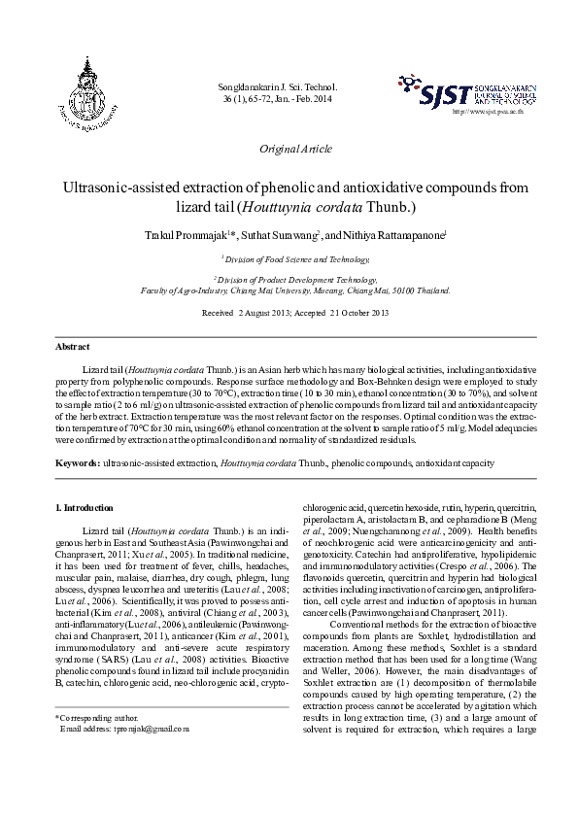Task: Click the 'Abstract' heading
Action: click(72, 347)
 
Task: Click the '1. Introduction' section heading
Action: click(85, 508)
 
